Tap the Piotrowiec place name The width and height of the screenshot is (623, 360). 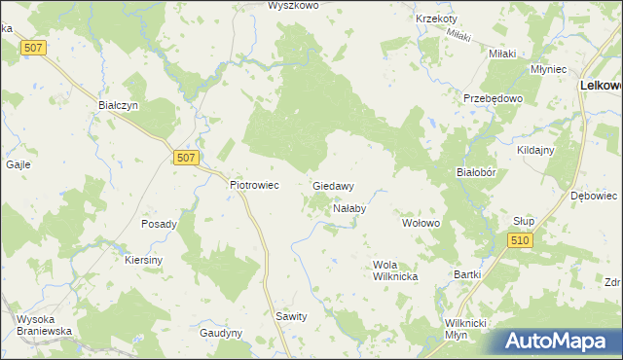pos(254,183)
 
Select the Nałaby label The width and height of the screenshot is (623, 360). pos(348,208)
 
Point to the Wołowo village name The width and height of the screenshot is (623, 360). pos(422,223)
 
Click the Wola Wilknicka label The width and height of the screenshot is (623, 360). pos(395,270)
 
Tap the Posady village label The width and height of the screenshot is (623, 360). pos(159,224)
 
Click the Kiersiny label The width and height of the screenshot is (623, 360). pos(143,261)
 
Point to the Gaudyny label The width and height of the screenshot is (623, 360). pos(221,333)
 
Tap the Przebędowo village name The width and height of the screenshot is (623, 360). pos(494,98)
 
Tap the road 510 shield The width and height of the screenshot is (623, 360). pos(521,240)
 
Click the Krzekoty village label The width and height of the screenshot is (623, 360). pos(435,18)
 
